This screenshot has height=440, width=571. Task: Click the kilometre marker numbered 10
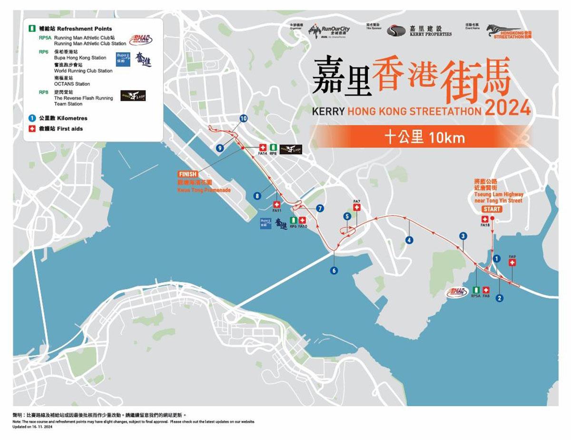(244, 118)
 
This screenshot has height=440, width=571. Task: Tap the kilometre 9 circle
(219, 148)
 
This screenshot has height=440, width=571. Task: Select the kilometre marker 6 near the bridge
(334, 271)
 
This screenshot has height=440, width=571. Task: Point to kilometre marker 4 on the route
(409, 240)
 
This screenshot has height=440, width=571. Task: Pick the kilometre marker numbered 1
(496, 259)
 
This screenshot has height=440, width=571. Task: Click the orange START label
(492, 209)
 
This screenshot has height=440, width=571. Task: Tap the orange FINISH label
(187, 175)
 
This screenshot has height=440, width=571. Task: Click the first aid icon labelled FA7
(357, 207)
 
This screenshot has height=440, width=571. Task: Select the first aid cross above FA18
(485, 219)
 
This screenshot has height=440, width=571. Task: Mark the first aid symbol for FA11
(277, 204)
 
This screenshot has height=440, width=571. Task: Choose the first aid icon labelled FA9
(512, 263)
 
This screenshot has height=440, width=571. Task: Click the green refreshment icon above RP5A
(476, 290)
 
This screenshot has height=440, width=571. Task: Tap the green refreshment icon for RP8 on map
(273, 147)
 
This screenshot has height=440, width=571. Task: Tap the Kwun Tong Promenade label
(204, 190)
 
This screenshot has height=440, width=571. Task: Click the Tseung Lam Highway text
(498, 194)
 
